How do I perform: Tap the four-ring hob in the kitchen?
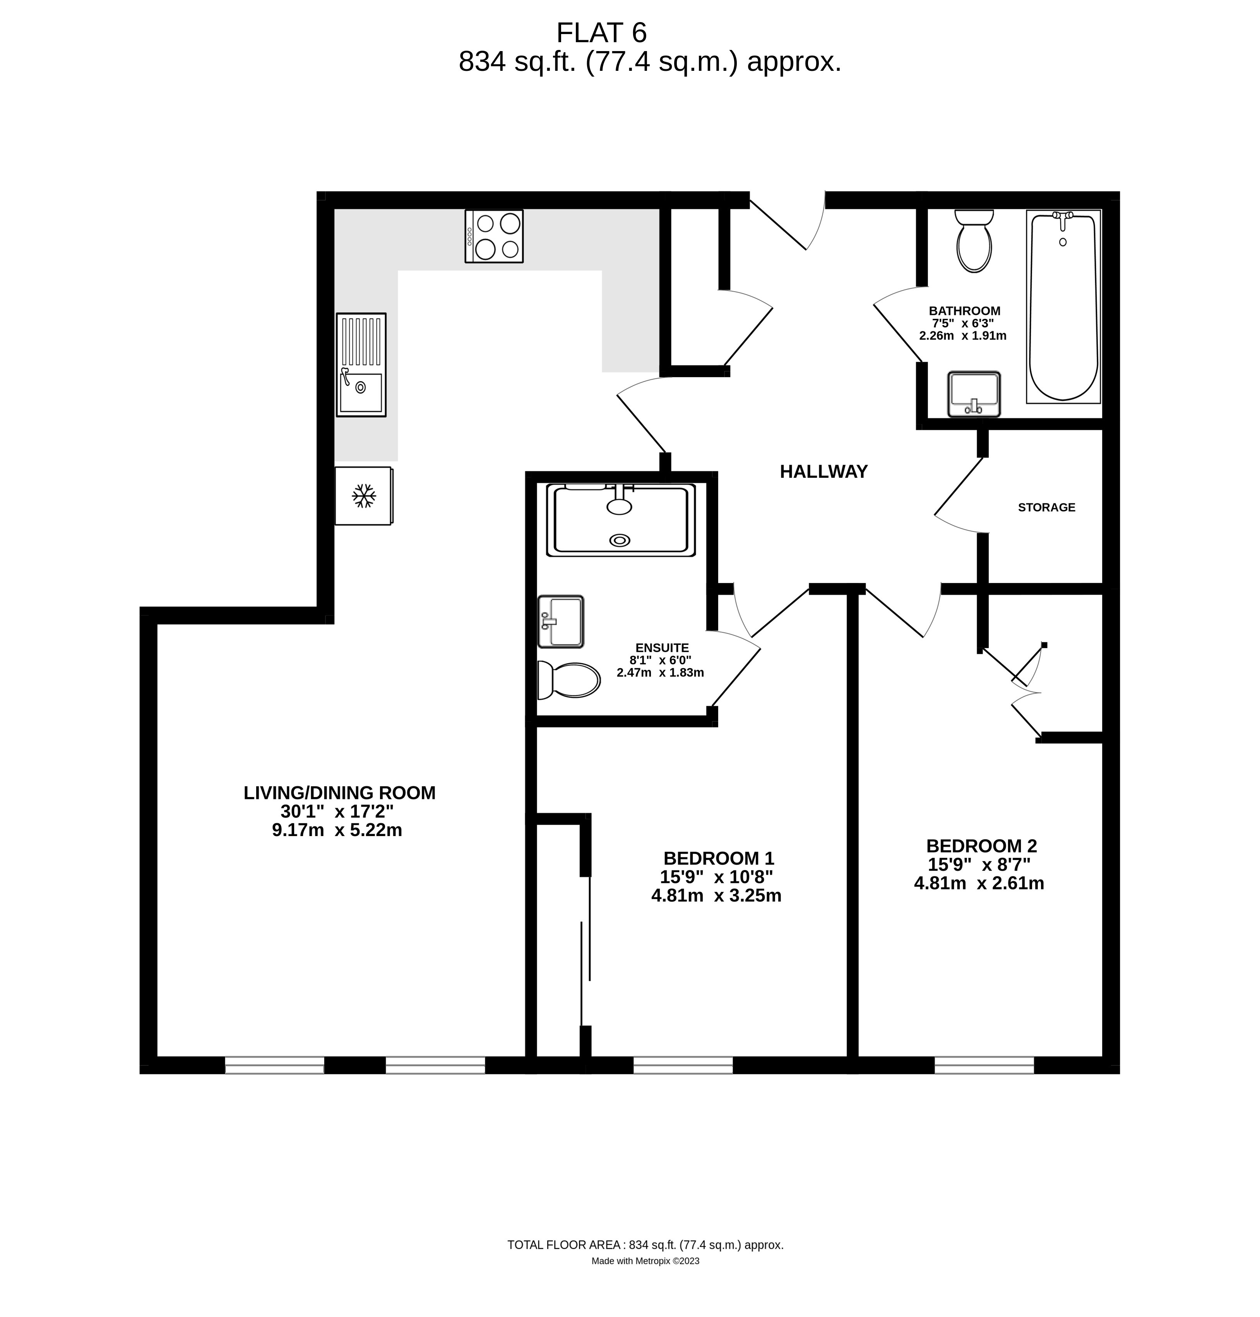click(494, 236)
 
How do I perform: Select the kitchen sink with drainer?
click(361, 365)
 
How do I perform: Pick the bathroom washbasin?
click(974, 394)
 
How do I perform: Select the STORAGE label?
click(1046, 507)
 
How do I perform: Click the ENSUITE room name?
click(662, 647)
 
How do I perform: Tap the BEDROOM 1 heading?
click(719, 858)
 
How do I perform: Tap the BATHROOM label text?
click(964, 311)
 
